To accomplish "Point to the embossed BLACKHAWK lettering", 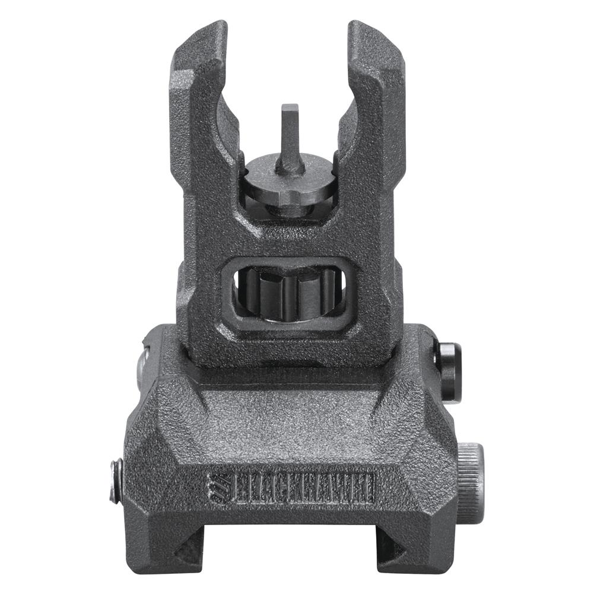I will click(x=303, y=487).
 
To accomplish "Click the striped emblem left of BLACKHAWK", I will click(x=219, y=487).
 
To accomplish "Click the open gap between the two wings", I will click(x=290, y=71).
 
